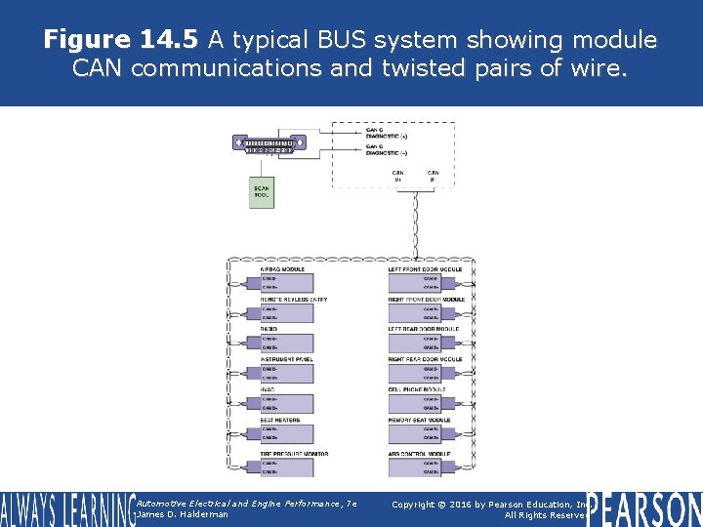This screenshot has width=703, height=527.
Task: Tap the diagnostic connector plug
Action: [x=269, y=144]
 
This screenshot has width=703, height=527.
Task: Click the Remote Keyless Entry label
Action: [x=294, y=300]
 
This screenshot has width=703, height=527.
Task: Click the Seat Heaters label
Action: [x=280, y=421]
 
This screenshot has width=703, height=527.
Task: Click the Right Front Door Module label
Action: [x=427, y=300]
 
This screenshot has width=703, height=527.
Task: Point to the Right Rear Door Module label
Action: [x=426, y=360]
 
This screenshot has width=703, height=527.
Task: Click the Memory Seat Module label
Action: [x=420, y=421]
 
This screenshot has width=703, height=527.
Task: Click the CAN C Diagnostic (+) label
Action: [x=388, y=133]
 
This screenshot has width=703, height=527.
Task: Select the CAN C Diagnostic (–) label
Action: [x=387, y=151]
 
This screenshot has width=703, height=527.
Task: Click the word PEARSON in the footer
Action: [x=645, y=508]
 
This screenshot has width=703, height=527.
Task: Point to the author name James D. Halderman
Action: [x=184, y=514]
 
